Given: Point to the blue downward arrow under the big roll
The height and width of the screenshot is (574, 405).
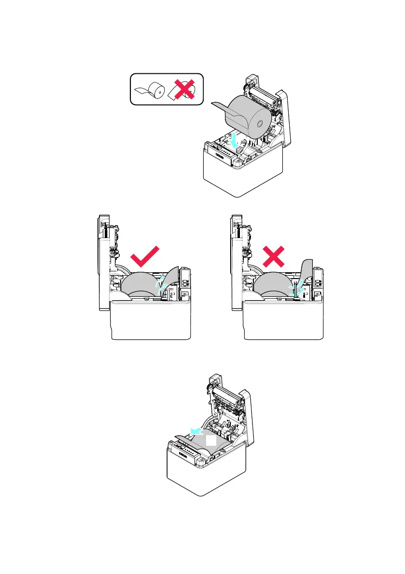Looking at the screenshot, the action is point(235,141).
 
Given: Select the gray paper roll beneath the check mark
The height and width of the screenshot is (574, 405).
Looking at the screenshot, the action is point(140,284).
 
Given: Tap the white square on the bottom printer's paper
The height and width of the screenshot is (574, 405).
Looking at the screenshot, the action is point(211,441).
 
